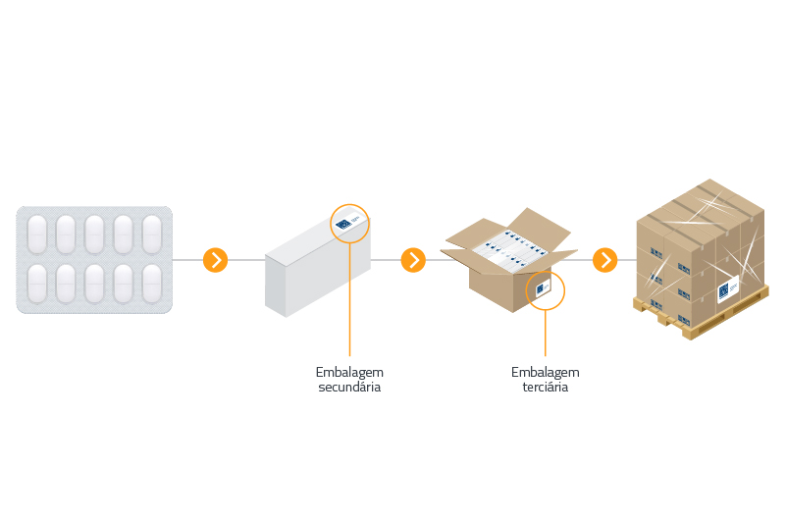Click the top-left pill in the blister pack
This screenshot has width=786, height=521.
(x=36, y=234)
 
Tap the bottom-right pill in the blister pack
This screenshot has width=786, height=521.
(x=152, y=284)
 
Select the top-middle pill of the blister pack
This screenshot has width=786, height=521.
(x=94, y=234)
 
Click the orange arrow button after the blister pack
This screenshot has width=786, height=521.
(x=215, y=260)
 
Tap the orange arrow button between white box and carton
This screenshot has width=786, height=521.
(x=414, y=260)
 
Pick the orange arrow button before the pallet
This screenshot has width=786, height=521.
(x=605, y=260)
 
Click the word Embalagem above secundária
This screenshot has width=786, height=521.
(x=349, y=372)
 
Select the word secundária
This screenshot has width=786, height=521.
(x=349, y=387)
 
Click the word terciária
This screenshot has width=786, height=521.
(x=546, y=387)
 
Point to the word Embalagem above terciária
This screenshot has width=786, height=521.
(x=546, y=372)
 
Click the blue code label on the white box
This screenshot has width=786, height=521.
(x=344, y=225)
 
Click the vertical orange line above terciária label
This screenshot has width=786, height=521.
(x=546, y=334)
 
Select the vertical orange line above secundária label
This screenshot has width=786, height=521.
(x=349, y=304)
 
